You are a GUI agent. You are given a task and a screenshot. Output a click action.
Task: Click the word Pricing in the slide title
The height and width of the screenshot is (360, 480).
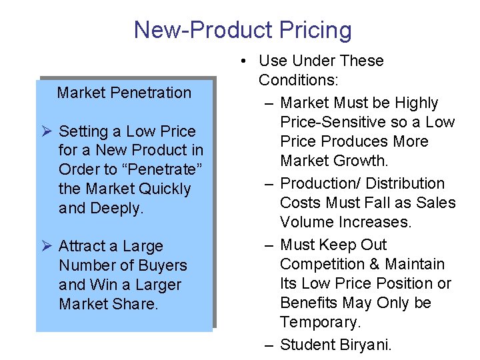[x=312, y=30]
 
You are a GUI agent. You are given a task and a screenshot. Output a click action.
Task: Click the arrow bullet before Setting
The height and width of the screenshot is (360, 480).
[x=48, y=131]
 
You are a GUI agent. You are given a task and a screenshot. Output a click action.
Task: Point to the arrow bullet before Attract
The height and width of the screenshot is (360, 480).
[x=48, y=246]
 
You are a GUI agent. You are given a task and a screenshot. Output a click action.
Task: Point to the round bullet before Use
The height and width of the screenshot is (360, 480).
[x=245, y=61]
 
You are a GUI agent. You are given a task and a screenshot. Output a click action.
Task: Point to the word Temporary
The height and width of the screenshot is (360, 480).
[x=320, y=322]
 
